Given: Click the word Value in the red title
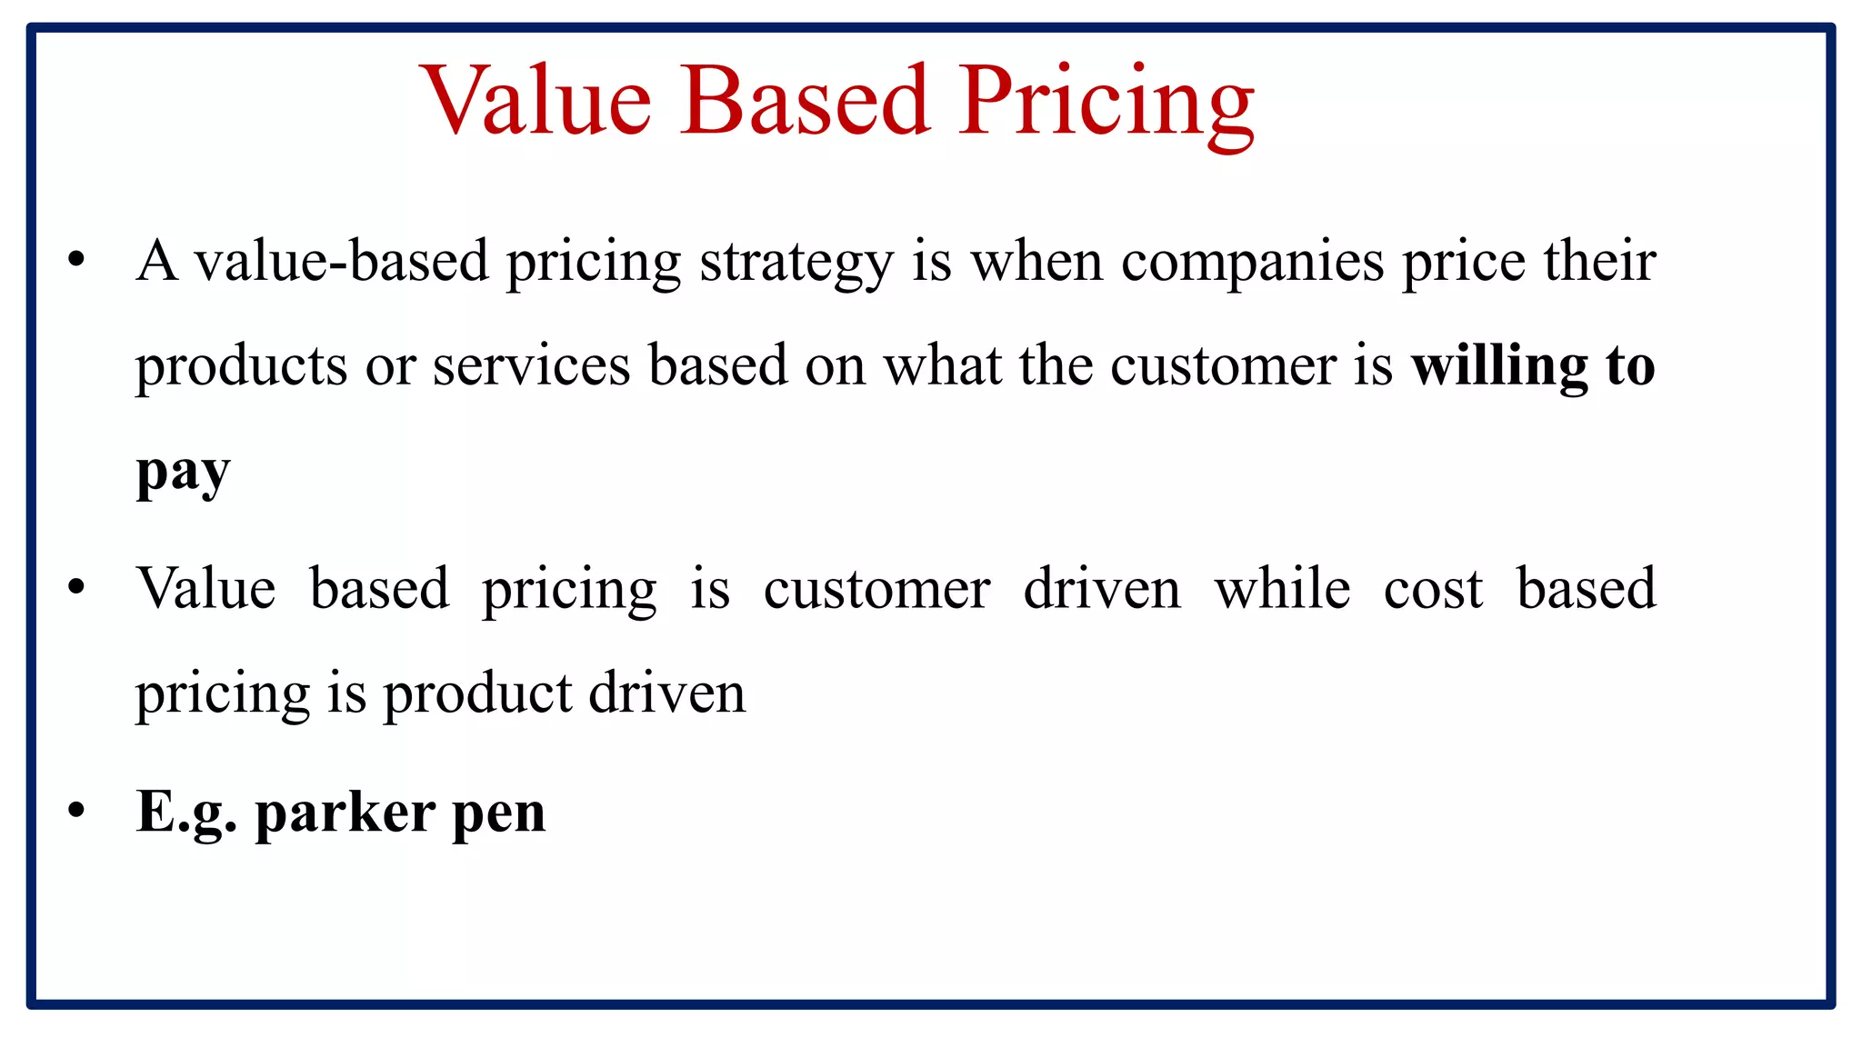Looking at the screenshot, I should pyautogui.click(x=537, y=101).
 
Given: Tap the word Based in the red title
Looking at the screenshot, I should pyautogui.click(x=806, y=101).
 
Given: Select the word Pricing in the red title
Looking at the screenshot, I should pyautogui.click(x=1106, y=105).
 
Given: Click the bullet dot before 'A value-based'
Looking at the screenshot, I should pyautogui.click(x=76, y=261).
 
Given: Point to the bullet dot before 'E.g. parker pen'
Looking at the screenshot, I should pyautogui.click(x=76, y=810).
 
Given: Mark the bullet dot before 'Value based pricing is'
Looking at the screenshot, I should pyautogui.click(x=76, y=587).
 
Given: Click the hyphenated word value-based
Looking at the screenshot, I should pyautogui.click(x=342, y=262).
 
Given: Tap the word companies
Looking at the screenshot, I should pyautogui.click(x=1253, y=264).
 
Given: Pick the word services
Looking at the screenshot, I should pyautogui.click(x=531, y=366).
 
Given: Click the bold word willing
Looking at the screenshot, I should pyautogui.click(x=1499, y=366).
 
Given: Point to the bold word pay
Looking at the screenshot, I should pyautogui.click(x=183, y=473).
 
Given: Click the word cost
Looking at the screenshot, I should pyautogui.click(x=1433, y=590).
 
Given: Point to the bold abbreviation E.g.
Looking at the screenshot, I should pyautogui.click(x=186, y=813).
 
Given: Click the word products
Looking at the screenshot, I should pyautogui.click(x=241, y=368).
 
